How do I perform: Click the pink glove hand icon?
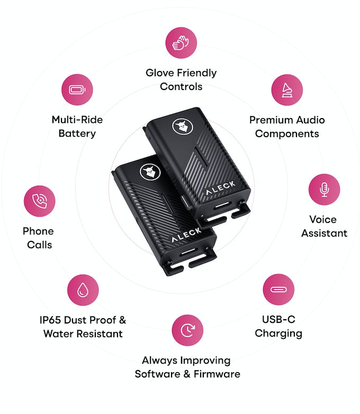coord(181,42)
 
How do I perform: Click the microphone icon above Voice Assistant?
coord(324,190)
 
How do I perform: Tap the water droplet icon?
coord(83,290)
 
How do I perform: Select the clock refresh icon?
coord(187,330)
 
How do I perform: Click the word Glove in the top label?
coord(160,73)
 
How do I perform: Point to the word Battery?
coord(77,133)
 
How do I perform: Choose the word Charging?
coord(278,334)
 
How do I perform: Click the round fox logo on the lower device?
coord(148,172)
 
